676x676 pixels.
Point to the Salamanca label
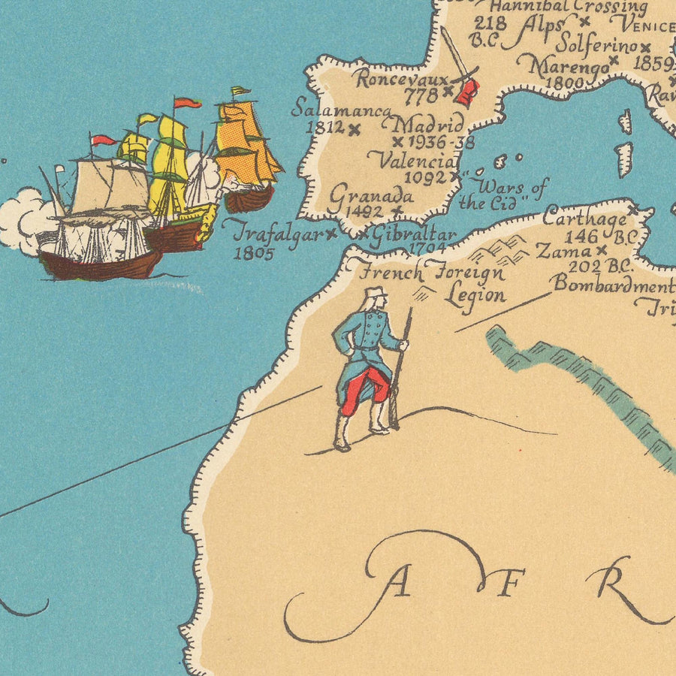point(341,109)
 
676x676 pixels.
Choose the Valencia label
point(414,160)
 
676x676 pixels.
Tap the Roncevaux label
point(401,78)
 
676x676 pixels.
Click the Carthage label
point(584,219)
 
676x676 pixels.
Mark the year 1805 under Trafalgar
point(254,253)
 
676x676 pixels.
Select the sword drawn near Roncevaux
point(457,59)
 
